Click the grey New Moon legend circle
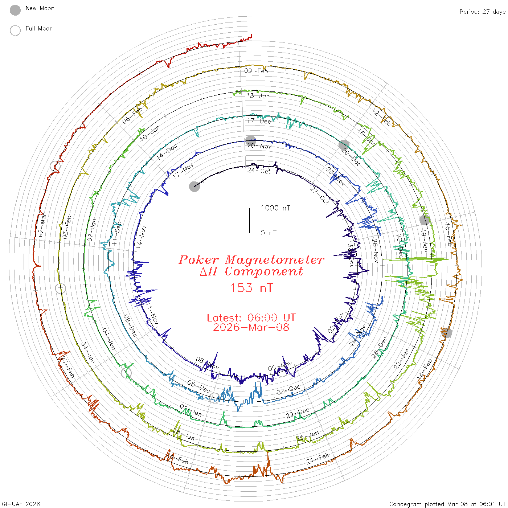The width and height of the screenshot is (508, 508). tap(15, 11)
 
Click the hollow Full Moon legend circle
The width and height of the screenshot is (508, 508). tap(15, 30)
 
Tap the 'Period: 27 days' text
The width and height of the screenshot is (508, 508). tap(482, 12)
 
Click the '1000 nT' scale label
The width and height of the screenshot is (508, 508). tap(275, 208)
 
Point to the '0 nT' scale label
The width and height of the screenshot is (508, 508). tap(268, 233)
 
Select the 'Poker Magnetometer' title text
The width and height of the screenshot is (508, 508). tap(251, 260)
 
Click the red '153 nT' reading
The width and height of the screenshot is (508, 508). tap(251, 288)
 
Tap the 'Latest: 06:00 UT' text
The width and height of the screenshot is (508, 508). tap(251, 318)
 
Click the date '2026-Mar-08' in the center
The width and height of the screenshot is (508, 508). tap(251, 327)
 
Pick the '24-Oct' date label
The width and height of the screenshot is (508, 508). tap(259, 171)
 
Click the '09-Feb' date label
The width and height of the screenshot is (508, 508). tap(256, 71)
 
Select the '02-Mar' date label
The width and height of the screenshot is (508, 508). tap(42, 225)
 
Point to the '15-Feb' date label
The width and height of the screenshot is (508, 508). tap(449, 234)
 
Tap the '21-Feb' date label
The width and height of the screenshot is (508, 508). tap(318, 459)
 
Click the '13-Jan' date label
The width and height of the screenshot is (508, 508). tap(258, 96)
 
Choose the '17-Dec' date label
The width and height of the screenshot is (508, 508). tap(259, 121)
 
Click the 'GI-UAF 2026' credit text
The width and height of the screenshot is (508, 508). tap(21, 504)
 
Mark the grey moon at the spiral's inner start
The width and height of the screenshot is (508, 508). tap(194, 187)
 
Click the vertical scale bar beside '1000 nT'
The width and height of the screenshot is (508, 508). tap(250, 220)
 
